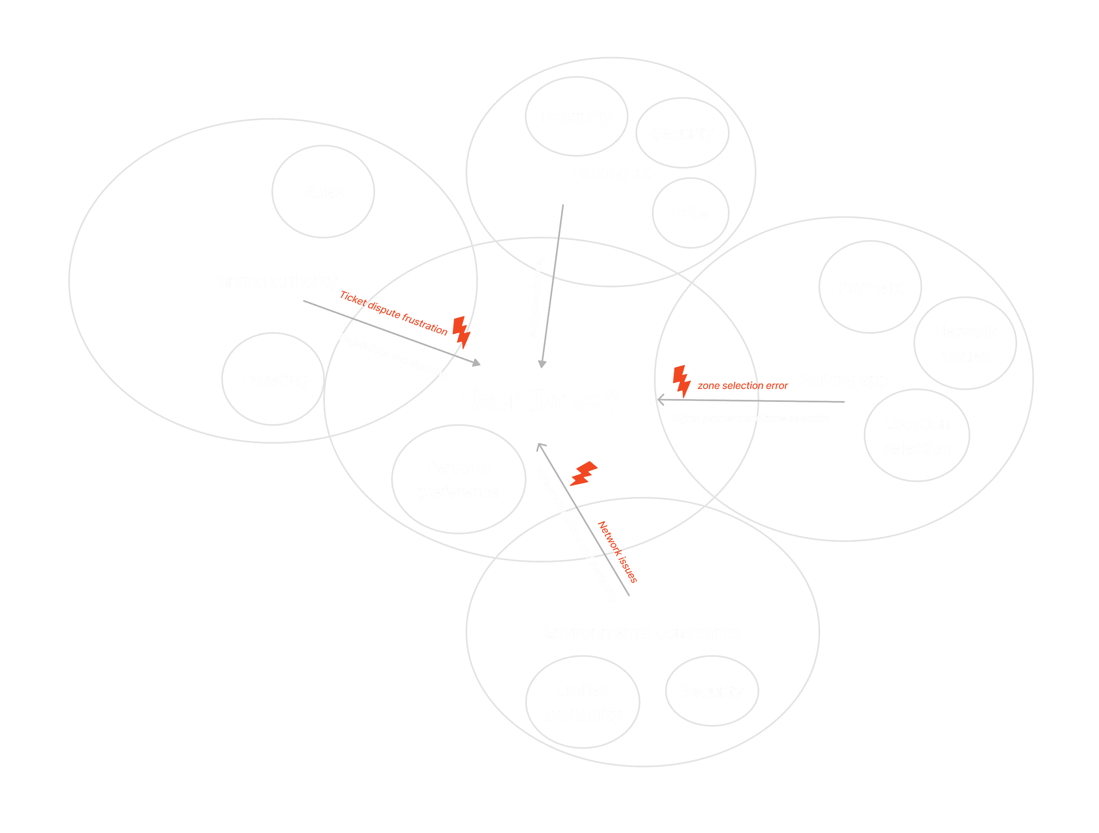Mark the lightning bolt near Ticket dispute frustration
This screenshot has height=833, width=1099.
click(x=461, y=332)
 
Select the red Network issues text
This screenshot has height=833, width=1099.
click(x=617, y=552)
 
